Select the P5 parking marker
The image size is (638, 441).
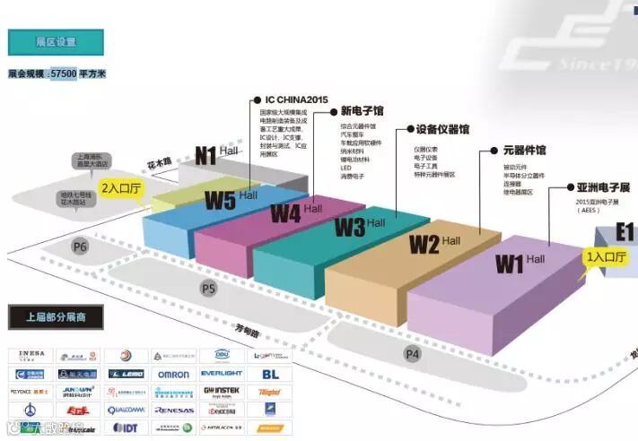(208, 289)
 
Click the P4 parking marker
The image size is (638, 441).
(412, 354)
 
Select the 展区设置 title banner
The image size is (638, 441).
(56, 42)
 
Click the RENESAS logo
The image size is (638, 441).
(173, 410)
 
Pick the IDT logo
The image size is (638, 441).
(126, 428)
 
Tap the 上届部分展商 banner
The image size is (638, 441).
(56, 317)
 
